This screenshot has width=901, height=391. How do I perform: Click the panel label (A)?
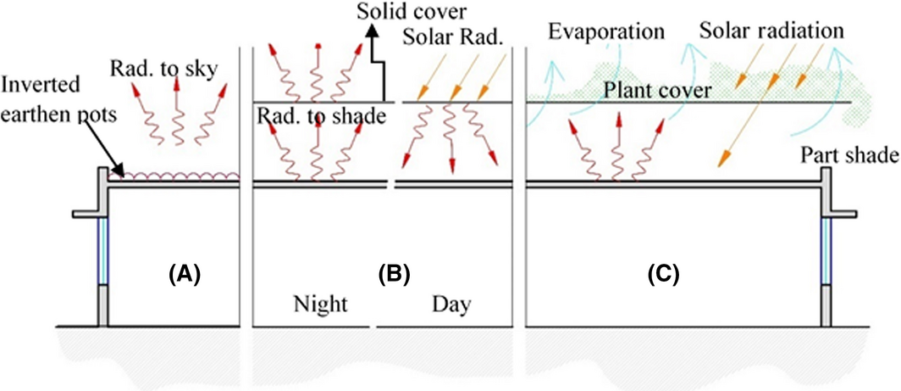coord(185,273)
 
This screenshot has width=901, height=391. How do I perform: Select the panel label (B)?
coord(395,273)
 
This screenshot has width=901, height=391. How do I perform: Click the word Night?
coord(321,304)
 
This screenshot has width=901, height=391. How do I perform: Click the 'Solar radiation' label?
coord(771,31)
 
